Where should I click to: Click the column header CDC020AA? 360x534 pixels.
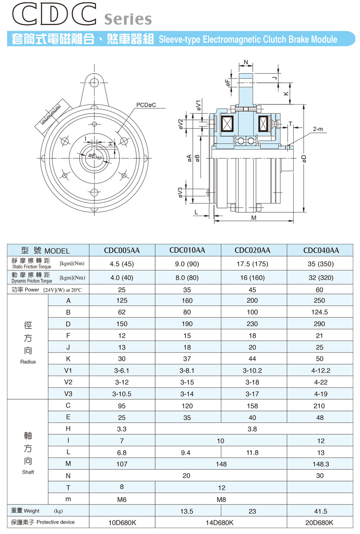tap(252, 250)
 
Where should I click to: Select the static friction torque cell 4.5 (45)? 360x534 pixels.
tap(122, 264)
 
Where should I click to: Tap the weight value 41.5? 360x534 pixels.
tap(320, 511)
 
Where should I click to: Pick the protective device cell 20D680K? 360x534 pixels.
tap(319, 522)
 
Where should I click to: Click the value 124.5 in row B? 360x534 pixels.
tap(320, 312)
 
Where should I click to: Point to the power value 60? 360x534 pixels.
tap(320, 290)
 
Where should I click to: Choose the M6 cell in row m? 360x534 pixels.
tap(122, 500)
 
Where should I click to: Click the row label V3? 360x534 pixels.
tap(68, 394)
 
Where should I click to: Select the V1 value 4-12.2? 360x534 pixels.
tap(321, 370)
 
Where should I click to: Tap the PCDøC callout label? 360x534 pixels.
tap(146, 105)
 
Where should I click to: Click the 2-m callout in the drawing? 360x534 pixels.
tap(318, 129)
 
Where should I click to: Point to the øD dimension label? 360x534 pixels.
tap(304, 159)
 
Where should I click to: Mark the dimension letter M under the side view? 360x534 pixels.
tap(254, 218)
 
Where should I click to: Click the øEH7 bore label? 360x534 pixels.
tap(95, 157)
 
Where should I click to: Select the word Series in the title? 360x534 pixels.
tap(128, 19)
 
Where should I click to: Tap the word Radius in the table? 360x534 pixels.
tap(28, 362)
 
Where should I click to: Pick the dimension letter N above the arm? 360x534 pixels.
tap(246, 62)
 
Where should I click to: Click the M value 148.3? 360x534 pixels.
tap(321, 464)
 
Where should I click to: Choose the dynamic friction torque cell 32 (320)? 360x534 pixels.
tap(321, 278)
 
